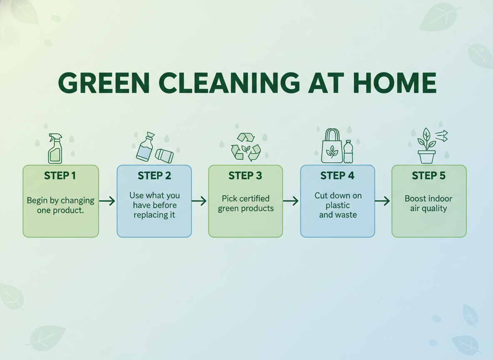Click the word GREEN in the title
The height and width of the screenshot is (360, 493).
click(104, 83)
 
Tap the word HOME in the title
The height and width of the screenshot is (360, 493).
click(395, 83)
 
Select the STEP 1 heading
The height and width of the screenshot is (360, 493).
click(60, 175)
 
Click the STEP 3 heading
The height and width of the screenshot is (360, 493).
click(245, 175)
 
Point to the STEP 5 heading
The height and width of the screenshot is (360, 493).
click(429, 175)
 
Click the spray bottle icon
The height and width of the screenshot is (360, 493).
click(55, 148)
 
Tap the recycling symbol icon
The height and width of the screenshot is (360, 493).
click(246, 147)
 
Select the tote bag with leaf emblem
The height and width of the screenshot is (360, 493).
click(332, 146)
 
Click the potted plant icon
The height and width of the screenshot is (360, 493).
click(427, 146)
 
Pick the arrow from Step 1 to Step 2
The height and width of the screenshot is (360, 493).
click(107, 201)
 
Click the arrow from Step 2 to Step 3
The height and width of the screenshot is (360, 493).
click(199, 201)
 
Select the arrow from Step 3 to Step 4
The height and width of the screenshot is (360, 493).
click(291, 201)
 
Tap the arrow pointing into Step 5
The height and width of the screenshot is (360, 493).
click(382, 201)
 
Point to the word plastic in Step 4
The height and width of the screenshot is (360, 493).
click(338, 205)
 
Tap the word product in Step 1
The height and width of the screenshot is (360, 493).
click(68, 210)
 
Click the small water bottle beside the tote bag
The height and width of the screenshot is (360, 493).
click(348, 152)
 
